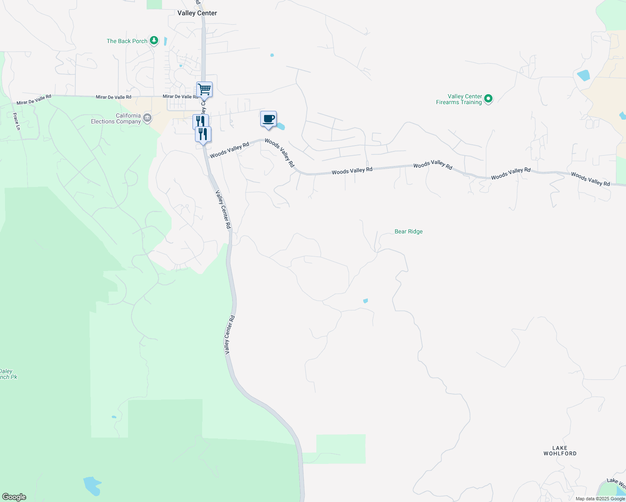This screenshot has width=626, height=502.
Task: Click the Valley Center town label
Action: coord(197,13)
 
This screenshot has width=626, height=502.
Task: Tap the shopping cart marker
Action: coord(204,89)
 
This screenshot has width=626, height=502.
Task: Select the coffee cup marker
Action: coord(269,119)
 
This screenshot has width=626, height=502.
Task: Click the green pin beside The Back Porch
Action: coord(154,41)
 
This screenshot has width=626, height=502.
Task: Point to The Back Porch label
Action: coord(127,41)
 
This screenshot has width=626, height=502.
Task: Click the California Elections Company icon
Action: coord(147,118)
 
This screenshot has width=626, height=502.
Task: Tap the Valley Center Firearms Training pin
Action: coord(488,99)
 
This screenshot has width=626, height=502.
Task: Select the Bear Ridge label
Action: coord(408,231)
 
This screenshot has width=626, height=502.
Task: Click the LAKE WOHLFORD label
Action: coord(560,451)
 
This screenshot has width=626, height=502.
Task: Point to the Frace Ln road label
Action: coord(16,121)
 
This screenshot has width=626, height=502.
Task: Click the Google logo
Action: coord(14,497)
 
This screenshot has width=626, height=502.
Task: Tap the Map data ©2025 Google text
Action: coord(600,499)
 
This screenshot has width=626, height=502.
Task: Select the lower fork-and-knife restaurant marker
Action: coord(203,134)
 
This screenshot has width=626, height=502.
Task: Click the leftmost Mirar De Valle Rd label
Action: coord(34,100)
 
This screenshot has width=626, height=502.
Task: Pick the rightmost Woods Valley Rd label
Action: coord(590,179)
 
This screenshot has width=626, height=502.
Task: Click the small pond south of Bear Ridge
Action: coord(365,301)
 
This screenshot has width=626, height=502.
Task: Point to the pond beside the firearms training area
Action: coord(583,76)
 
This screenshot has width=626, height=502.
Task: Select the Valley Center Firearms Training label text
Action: coord(459,99)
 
